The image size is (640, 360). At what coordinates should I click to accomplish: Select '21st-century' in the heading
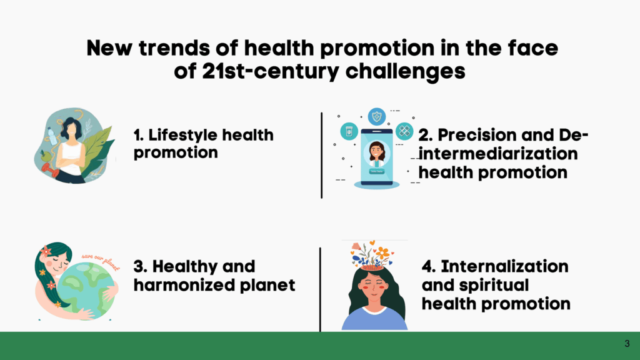tap(270, 71)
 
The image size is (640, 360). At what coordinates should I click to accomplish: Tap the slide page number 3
tap(627, 344)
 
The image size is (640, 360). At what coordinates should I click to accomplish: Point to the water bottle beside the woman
tap(52, 136)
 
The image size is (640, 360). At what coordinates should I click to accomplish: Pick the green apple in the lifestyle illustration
tap(45, 156)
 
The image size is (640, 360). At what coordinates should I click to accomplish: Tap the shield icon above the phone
tap(377, 117)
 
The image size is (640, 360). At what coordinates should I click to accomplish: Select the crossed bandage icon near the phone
tap(404, 131)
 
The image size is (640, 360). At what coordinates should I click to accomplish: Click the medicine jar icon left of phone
tap(349, 131)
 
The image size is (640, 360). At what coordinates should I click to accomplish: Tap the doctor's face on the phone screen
tap(377, 151)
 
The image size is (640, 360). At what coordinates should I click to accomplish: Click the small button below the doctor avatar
tap(377, 171)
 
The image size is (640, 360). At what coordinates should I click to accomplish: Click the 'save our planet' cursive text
tap(101, 261)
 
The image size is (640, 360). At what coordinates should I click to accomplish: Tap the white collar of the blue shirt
tap(374, 311)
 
